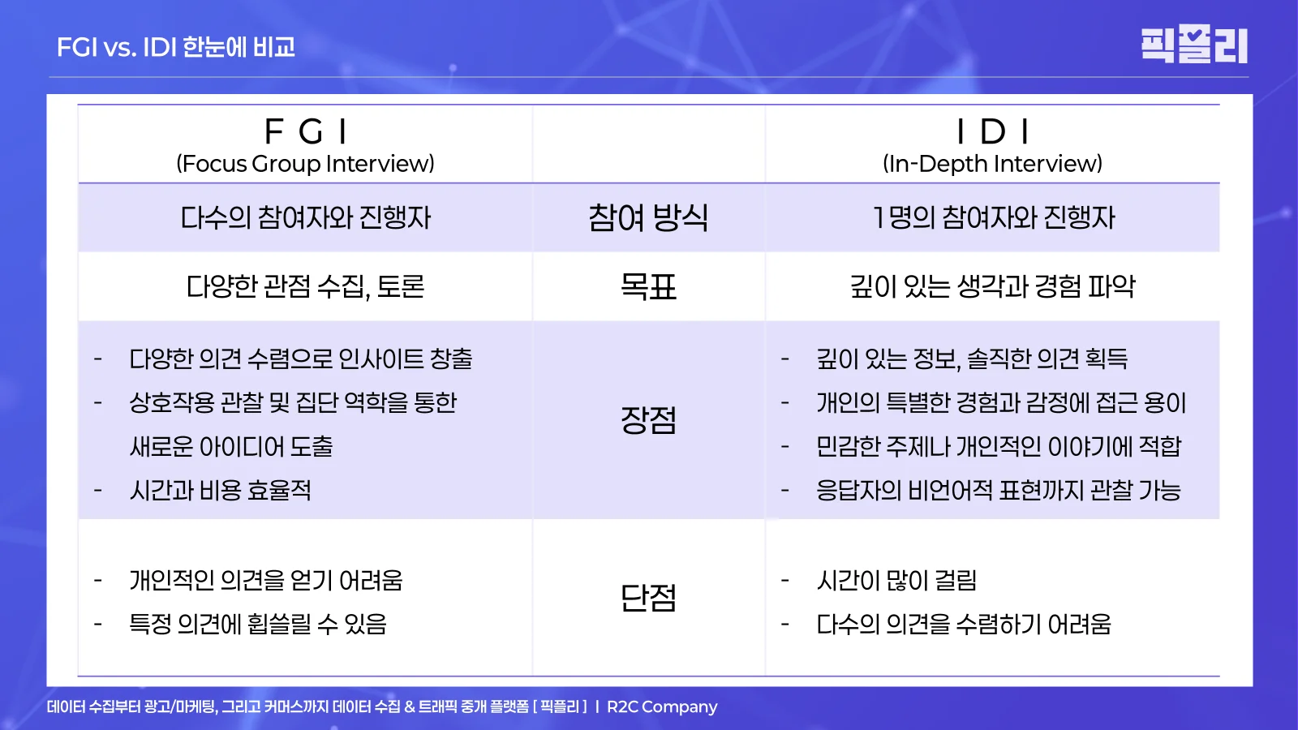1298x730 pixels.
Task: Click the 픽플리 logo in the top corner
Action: (x=1193, y=45)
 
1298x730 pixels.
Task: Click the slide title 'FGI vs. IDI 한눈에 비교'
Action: (x=176, y=47)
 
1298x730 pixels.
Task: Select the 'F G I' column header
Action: (x=306, y=131)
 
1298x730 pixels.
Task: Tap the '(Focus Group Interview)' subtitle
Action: (x=306, y=164)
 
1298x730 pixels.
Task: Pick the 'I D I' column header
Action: (x=992, y=131)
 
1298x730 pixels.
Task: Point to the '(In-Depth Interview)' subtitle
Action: (x=992, y=164)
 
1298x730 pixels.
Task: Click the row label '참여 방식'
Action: (x=648, y=217)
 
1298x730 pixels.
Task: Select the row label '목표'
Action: (x=648, y=286)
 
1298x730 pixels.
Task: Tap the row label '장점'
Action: (x=648, y=420)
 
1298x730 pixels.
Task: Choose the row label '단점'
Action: (x=648, y=598)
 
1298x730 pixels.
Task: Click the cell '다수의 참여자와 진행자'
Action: (x=306, y=217)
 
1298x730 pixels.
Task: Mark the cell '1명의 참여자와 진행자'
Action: (x=993, y=217)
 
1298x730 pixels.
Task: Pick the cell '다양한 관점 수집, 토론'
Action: (x=306, y=286)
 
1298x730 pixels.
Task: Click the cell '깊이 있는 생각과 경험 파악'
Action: (x=993, y=286)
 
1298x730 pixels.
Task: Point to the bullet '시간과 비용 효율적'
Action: (x=221, y=490)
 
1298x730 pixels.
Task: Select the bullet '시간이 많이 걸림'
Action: (x=896, y=581)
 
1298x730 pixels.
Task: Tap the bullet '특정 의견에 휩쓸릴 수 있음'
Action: (x=258, y=624)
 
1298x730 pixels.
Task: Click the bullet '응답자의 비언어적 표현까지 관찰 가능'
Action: (x=999, y=490)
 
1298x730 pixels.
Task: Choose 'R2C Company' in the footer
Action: (x=662, y=706)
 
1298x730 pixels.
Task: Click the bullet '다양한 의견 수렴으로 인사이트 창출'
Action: (x=301, y=359)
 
